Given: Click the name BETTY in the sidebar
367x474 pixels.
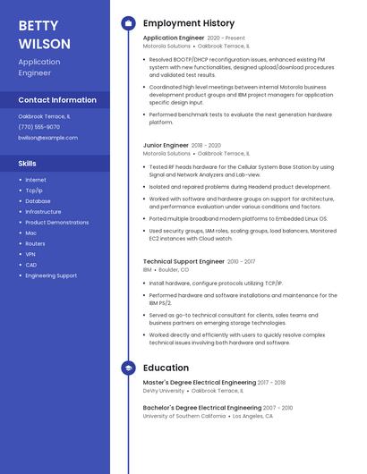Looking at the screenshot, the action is [38, 25].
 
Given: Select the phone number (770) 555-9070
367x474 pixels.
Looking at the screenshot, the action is [39, 127].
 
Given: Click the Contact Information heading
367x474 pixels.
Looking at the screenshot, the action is [57, 100].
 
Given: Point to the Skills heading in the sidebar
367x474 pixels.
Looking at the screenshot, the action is [28, 164].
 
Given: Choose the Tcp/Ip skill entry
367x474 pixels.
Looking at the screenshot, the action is [34, 190].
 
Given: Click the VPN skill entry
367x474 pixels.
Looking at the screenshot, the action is [30, 254].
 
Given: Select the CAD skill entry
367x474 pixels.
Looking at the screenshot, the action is [31, 265].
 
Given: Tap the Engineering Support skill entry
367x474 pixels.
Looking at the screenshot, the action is [51, 275].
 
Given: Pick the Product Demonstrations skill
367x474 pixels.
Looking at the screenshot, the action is [57, 222].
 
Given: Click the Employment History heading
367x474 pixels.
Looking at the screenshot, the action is [189, 23].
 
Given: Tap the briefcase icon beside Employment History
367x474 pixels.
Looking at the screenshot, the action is [128, 23].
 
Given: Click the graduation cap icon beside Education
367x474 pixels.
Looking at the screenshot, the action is [128, 368].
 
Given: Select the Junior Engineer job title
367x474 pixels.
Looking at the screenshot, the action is [166, 145].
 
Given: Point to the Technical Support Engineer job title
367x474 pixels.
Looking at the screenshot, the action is [183, 261].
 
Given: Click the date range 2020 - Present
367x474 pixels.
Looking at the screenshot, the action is [226, 38].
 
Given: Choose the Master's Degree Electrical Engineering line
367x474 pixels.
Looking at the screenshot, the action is [200, 383].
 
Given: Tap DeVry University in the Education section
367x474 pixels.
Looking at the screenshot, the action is [164, 391].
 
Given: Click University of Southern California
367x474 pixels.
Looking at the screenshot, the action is [184, 416].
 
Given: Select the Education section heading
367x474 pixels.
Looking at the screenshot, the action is [166, 368].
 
